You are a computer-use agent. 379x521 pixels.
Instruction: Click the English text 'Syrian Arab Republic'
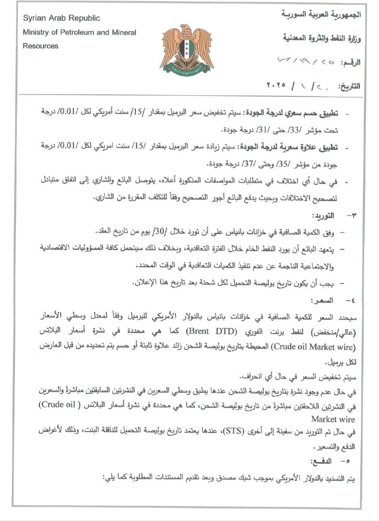61,18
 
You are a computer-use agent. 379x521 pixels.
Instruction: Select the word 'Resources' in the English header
41,46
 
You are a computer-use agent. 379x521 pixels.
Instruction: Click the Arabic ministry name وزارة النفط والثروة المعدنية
321,39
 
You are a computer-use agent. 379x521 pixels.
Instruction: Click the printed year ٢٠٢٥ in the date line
276,86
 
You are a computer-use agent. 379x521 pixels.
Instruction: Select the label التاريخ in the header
349,87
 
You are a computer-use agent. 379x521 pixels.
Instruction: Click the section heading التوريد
322,216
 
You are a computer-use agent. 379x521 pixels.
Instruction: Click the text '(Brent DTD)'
207,331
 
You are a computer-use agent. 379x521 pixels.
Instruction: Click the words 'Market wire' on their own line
333,419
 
